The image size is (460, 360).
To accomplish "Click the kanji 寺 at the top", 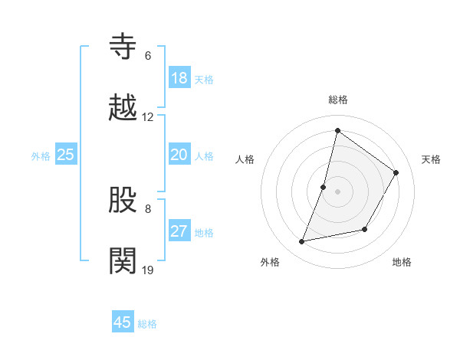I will coord(125,45).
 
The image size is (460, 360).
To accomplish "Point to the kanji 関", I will coord(125,260).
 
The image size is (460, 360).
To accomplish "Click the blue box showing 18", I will coord(179,78).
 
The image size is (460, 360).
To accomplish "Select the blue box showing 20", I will coord(179,155).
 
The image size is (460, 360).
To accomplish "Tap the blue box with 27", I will coord(179,231).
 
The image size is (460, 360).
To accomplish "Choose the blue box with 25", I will coord(66,155).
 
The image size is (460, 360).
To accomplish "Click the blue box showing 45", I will coord(123,322).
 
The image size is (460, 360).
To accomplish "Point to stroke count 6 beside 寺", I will coord(148,56).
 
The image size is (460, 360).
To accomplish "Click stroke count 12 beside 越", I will coord(148,117).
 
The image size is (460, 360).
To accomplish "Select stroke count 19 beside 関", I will coord(148,270).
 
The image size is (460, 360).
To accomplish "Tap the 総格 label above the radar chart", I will coord(338,100).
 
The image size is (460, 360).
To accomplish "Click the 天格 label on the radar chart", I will coord(432,159).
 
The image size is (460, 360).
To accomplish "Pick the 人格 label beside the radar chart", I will coord(245,159).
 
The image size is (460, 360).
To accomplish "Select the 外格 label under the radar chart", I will coord(270,262).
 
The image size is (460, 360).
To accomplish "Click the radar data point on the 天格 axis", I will coord(396,172).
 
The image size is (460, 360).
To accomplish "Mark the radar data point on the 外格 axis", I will coord(302,242).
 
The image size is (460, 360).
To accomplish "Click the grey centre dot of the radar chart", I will coord(338,191).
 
